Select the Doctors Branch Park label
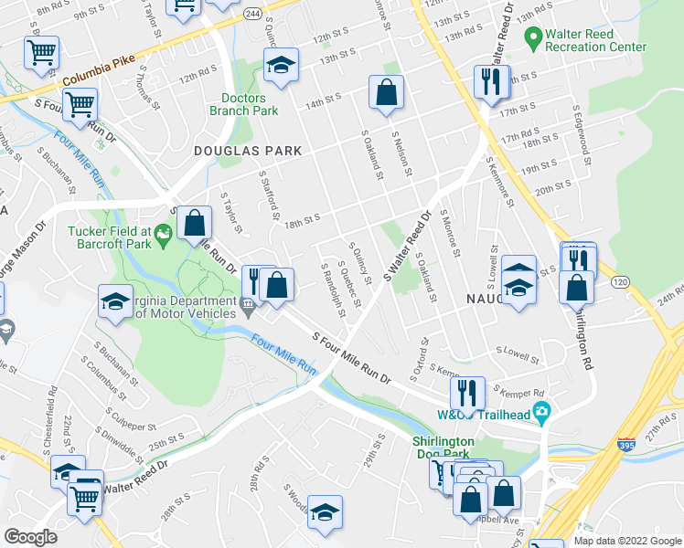(x=243, y=104)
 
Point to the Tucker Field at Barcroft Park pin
(x=164, y=236)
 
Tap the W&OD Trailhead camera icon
(x=541, y=412)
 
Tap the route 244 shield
(x=252, y=15)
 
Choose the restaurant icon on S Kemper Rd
(x=467, y=394)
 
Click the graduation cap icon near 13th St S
(x=281, y=65)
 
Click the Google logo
(x=31, y=537)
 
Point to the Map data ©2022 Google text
(x=626, y=541)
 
